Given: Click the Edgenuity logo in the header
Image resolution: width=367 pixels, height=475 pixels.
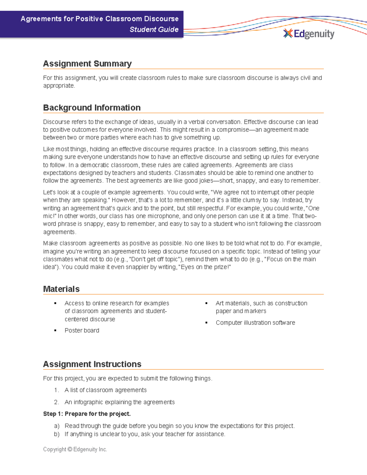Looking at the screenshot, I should pos(309,34).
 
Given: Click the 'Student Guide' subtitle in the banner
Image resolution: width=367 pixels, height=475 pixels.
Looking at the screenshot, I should pos(154,29).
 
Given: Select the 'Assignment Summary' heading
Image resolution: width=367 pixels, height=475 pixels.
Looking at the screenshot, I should pos(87,64).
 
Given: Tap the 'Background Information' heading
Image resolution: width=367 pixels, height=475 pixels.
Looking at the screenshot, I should pos(92,108).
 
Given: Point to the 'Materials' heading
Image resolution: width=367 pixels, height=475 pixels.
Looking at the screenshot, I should pos(61,289).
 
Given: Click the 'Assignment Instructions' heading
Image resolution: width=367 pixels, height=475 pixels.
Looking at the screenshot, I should pos(92,364).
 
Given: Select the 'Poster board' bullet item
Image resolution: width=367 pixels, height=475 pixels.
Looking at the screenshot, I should pos(82,330).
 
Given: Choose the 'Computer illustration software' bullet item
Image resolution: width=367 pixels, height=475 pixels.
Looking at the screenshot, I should pos(255,323).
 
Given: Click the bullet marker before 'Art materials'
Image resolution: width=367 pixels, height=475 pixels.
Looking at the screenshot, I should pos(206,303).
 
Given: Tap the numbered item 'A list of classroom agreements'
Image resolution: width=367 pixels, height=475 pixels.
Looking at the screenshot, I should pos(106,390).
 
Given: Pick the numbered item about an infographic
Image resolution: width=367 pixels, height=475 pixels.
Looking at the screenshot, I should pos(119,402).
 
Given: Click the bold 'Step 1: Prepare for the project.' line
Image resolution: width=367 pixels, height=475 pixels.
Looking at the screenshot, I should pos(87,414).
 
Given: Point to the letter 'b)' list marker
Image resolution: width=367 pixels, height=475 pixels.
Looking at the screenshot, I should pos(57,434).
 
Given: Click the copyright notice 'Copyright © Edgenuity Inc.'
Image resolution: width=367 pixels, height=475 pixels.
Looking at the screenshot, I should pos(75,449).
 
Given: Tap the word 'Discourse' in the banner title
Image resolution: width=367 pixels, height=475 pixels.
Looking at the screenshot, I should pos(161,19).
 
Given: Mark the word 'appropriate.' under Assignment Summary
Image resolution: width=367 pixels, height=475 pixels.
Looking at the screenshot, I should pos(59,86).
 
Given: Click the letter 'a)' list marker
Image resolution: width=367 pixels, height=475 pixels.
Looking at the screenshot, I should pos(57,426).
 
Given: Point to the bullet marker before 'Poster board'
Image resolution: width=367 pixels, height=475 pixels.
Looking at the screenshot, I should pos(55,331).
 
